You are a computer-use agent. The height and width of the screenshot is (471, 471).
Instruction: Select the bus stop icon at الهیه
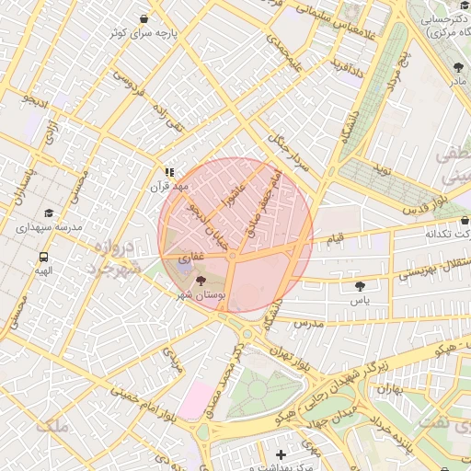pyautogui.click(x=43, y=258)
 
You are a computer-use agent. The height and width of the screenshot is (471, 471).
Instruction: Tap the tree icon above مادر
pyautogui.click(x=458, y=67)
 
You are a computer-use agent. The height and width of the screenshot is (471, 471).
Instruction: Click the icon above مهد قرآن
pyautogui.click(x=168, y=171)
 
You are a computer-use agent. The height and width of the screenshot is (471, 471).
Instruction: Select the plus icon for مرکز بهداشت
pyautogui.click(x=281, y=454)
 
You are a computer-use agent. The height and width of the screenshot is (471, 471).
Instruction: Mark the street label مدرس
pyautogui.click(x=310, y=324)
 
